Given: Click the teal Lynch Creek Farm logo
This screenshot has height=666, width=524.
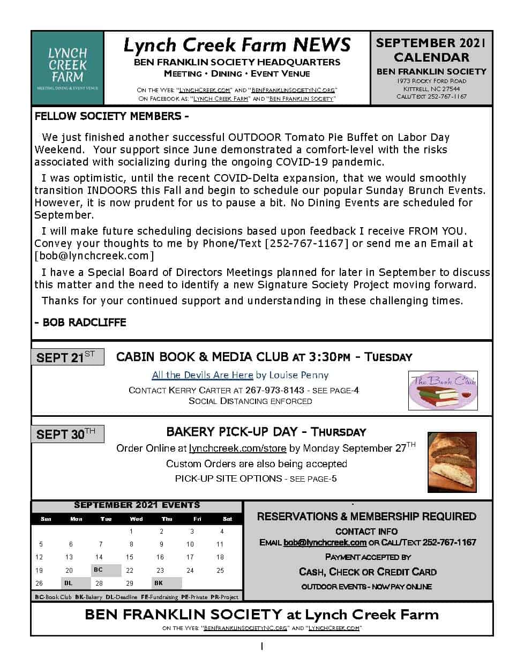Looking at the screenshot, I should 68,68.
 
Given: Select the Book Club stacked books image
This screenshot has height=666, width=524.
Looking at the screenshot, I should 443,391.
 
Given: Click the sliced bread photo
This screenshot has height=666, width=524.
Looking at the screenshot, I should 452,462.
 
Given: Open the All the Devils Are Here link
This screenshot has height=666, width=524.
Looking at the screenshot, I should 203,375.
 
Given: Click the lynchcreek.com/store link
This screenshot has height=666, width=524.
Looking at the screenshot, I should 238,448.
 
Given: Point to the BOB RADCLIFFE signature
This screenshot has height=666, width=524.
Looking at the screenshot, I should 80,323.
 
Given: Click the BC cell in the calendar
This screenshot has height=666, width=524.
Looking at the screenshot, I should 98,570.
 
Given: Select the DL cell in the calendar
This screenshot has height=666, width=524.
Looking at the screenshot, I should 69,583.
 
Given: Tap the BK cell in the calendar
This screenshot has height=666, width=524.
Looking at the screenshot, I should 159,583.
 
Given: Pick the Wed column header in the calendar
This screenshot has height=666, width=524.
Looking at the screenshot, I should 136,519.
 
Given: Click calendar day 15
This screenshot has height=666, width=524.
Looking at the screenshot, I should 130,557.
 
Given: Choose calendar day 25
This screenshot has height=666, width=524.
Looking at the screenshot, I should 220,570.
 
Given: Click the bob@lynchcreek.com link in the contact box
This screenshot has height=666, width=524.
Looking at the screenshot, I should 325,542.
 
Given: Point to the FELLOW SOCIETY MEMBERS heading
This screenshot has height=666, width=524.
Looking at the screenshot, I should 111,116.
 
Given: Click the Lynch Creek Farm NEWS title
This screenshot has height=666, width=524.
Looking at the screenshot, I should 237,44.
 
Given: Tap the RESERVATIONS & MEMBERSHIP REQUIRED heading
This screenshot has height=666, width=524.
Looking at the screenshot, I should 366,517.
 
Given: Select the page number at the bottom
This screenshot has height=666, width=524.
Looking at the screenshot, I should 261,647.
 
